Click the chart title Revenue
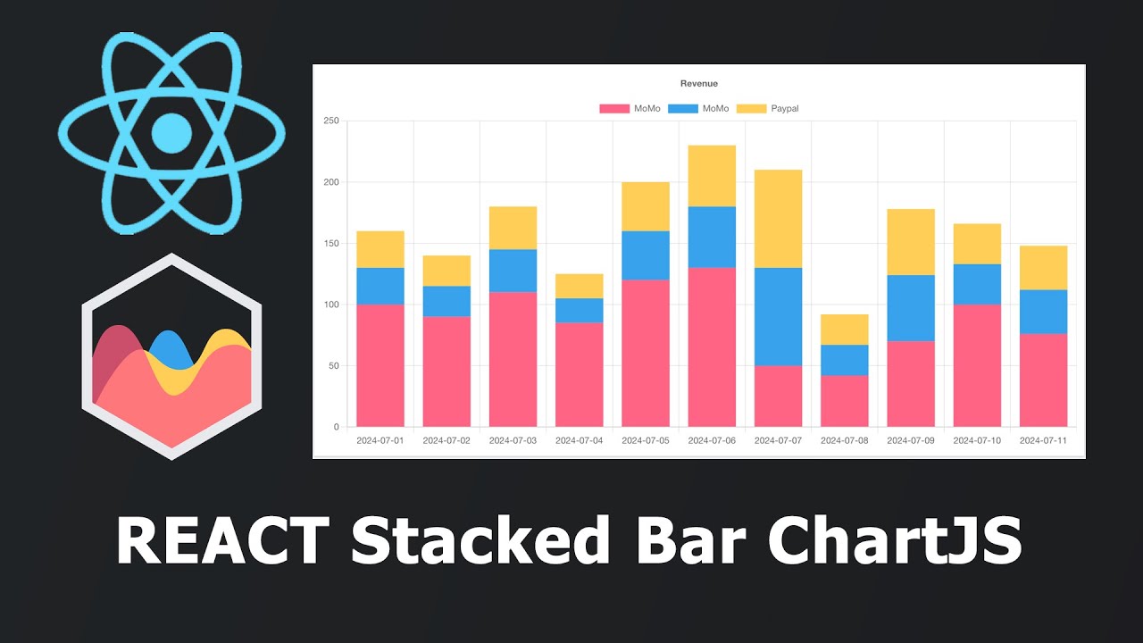click(698, 84)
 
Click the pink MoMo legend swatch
click(613, 109)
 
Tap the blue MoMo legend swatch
click(682, 109)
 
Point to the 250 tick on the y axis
click(331, 121)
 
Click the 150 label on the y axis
click(331, 244)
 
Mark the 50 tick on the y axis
click(334, 366)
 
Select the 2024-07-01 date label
click(380, 440)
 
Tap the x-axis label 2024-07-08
click(844, 440)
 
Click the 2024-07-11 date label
click(1042, 440)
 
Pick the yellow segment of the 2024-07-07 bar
click(778, 219)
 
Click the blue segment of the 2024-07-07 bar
click(778, 317)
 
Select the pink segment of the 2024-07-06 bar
click(712, 347)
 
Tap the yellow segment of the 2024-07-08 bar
click(844, 330)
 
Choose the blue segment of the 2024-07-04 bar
click(579, 310)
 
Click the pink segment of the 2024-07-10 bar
click(977, 365)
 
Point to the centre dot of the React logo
click(171, 133)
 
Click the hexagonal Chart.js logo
click(171, 357)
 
